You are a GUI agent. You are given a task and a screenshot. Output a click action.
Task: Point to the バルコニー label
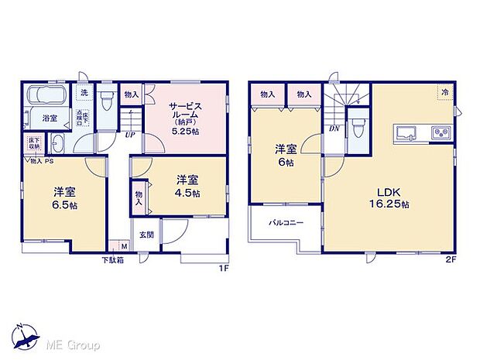coord(286,223)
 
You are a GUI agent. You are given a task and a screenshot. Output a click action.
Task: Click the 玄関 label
coord(146,235)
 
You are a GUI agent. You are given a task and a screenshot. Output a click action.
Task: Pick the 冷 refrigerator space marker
coord(445,92)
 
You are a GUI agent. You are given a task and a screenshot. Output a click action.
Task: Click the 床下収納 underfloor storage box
coord(33,145)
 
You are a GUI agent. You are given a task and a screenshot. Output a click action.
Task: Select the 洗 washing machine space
coord(84,94)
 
